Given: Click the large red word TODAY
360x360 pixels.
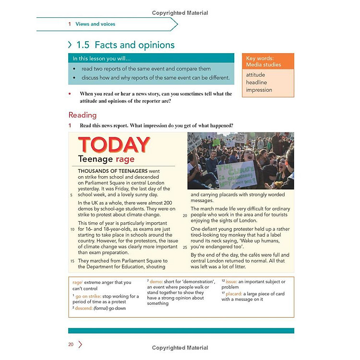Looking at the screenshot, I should pos(114,145).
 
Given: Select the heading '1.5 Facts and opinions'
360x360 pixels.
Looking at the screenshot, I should pos(125,45).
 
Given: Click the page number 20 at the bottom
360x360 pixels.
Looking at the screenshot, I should pos(71,344).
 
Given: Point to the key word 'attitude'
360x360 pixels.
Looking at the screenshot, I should pos(255,75).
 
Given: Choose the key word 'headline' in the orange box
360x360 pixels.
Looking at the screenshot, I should pos(256,83).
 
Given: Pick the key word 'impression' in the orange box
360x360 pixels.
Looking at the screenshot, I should pos(259,90).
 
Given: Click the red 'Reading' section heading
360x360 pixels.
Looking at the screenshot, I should pos(83,115).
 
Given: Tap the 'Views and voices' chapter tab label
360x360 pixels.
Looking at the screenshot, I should pos(95,24).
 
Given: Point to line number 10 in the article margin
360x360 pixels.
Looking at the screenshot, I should pos(72,229).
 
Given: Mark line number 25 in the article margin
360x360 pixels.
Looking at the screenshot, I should pos(185,247).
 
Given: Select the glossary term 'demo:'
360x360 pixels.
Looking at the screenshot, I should pos(157,282).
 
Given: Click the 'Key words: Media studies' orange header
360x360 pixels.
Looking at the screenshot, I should pos(267,61).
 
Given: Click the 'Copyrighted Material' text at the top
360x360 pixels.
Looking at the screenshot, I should pos(180,13).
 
